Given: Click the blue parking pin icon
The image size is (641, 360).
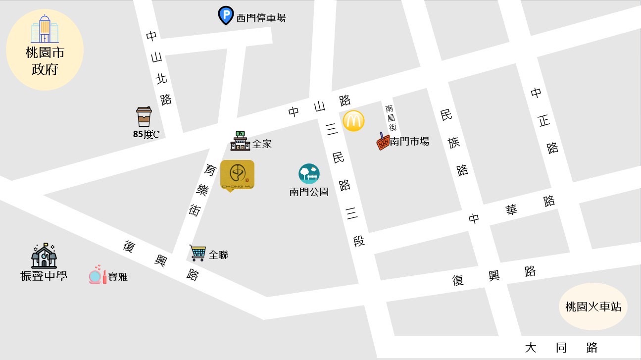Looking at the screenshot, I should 226,15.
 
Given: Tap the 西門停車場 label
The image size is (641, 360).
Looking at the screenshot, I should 261,18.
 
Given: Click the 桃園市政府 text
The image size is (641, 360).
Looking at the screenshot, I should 45,61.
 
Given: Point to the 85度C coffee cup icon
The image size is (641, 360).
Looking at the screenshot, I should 144,116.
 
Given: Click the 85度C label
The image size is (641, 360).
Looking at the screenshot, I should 146,134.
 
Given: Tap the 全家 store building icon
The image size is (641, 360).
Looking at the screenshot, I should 241,141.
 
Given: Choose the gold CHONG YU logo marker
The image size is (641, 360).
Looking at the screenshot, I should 237,175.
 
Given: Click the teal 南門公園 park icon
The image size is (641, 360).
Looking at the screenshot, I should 309,174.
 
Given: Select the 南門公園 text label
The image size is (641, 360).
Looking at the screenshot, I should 309,192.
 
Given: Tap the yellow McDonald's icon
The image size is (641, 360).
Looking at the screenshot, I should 353,121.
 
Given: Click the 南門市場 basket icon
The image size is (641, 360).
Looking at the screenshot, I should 383,142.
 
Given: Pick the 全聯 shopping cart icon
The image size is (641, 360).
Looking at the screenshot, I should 197,253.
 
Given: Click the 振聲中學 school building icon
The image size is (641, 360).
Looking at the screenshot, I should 44,256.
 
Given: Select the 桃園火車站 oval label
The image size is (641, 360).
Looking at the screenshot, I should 593,307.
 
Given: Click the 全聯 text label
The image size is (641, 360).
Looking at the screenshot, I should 218,255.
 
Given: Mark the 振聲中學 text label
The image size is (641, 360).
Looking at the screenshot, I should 44,276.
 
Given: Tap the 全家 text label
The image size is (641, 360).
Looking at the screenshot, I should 262,144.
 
